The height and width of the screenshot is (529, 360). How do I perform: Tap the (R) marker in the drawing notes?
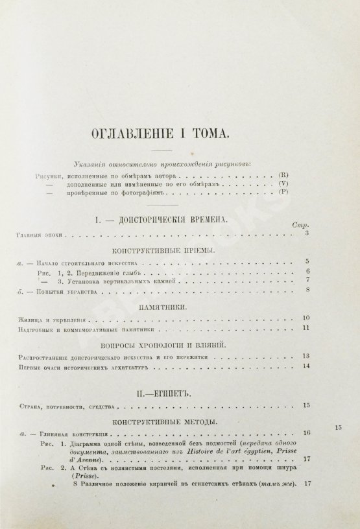[x=282, y=176]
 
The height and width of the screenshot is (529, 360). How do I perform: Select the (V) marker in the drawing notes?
[x=282, y=185]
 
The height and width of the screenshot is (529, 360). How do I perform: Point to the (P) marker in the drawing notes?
[x=282, y=195]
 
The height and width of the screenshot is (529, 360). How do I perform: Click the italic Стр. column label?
[x=299, y=224]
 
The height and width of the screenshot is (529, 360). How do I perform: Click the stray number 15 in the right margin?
[x=338, y=427]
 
